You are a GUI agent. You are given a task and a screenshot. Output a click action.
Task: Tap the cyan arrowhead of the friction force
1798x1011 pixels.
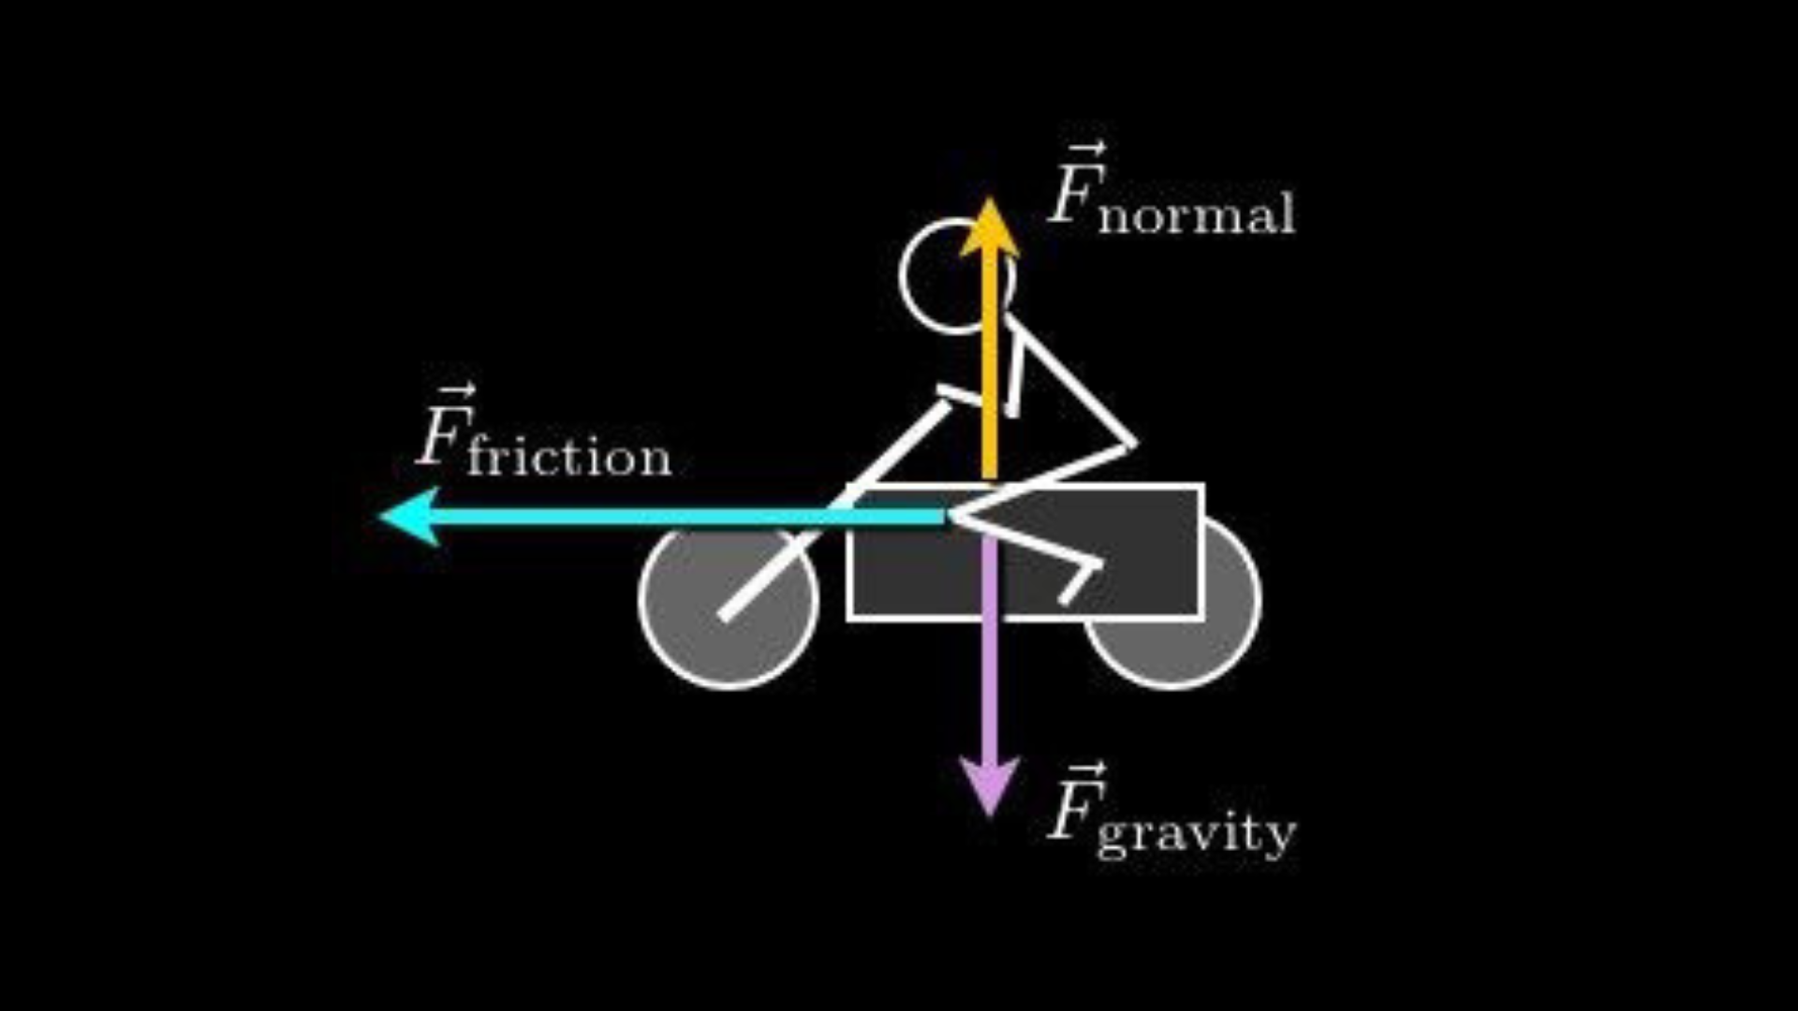tap(412, 517)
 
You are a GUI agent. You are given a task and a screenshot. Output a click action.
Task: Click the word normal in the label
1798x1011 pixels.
tap(1197, 214)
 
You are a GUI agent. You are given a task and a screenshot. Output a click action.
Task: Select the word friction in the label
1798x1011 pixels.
tap(569, 456)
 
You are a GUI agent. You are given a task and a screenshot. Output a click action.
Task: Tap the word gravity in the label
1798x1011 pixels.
tap(1196, 832)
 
